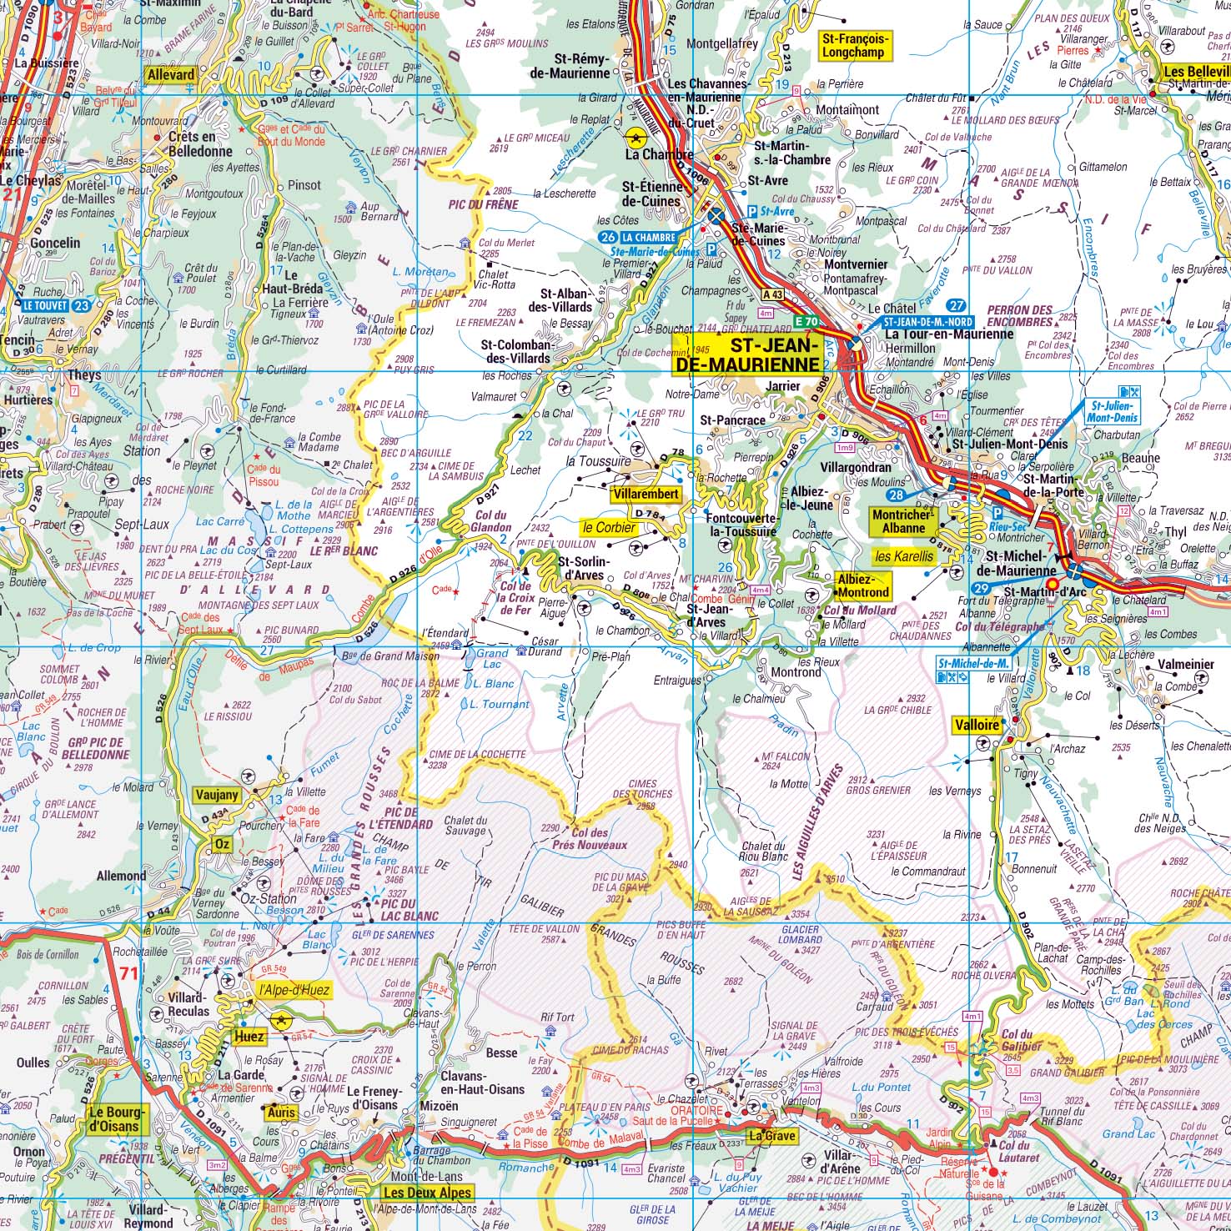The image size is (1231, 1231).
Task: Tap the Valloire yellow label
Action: [976, 725]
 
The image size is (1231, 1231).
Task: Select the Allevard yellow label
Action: [170, 75]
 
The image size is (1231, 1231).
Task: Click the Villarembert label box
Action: [646, 495]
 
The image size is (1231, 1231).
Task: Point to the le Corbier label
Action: [609, 527]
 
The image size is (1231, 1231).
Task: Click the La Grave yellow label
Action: [771, 1136]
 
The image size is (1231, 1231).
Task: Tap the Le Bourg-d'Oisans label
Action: [117, 1119]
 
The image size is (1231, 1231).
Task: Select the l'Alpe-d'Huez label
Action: [294, 991]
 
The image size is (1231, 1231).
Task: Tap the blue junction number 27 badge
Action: [957, 306]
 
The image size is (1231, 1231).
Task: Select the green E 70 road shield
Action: [806, 321]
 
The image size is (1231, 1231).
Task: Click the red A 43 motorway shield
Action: [773, 294]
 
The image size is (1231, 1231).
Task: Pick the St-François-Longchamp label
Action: [856, 45]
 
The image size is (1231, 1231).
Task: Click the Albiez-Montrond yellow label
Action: [863, 585]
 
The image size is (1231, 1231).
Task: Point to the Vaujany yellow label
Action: [217, 795]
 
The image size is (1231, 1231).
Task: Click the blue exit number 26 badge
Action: [607, 237]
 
